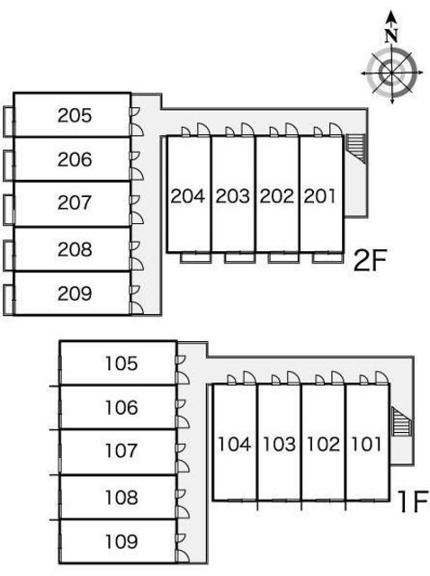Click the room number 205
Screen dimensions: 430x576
click(x=75, y=116)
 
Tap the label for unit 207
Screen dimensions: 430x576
click(x=75, y=202)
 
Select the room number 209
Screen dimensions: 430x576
click(x=75, y=294)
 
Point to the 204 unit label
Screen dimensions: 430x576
click(x=188, y=196)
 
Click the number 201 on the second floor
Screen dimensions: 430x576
click(x=320, y=196)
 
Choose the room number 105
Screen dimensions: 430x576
click(x=121, y=364)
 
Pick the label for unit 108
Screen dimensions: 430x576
click(x=121, y=498)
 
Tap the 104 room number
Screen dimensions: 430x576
click(x=235, y=444)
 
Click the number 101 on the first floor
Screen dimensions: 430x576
click(x=367, y=444)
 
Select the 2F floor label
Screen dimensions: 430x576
click(x=370, y=260)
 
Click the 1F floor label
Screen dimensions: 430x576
click(x=413, y=501)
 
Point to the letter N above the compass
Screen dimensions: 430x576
click(x=392, y=36)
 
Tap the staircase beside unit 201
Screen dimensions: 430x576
click(x=355, y=148)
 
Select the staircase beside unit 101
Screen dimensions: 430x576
click(x=402, y=421)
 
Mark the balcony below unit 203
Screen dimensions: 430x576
click(x=240, y=258)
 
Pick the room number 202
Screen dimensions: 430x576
click(x=277, y=196)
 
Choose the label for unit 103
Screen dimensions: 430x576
click(x=280, y=444)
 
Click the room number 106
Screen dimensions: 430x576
click(x=121, y=408)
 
